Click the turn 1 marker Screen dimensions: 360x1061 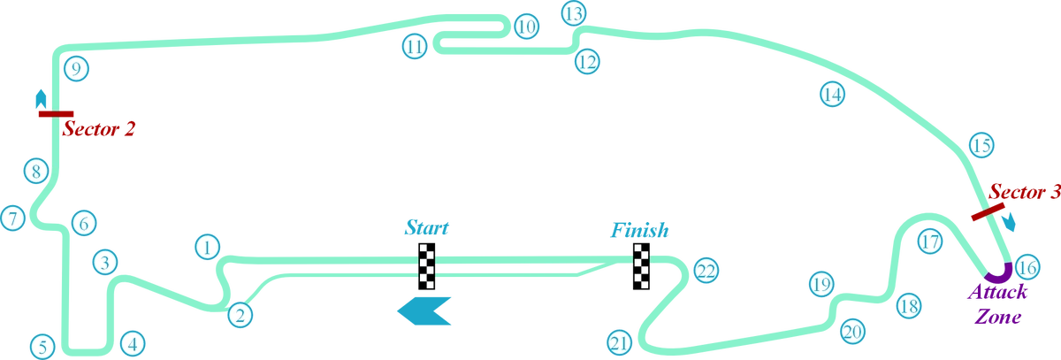click(207, 247)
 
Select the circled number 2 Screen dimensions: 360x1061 click(240, 314)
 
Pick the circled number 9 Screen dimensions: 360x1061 click(77, 69)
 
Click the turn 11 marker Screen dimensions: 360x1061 click(414, 45)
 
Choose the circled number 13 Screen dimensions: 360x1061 click(574, 13)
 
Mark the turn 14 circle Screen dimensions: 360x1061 click(831, 94)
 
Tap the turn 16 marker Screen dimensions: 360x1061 click(1026, 266)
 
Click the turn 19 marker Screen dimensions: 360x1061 click(821, 285)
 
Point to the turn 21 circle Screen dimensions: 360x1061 click(620, 341)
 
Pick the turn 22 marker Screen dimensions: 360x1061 click(705, 270)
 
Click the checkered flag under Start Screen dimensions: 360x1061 click(428, 265)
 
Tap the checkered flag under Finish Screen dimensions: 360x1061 click(640, 265)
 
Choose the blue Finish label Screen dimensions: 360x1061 click(639, 230)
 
